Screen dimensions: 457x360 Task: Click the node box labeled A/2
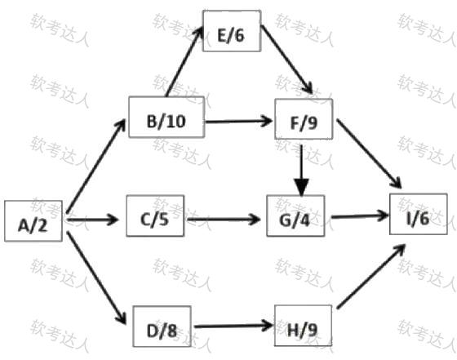pyautogui.click(x=33, y=221)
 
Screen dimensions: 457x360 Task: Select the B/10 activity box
pyautogui.click(x=166, y=117)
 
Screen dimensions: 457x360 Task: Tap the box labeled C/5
pyautogui.click(x=155, y=216)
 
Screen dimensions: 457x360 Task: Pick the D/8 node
pyautogui.click(x=162, y=327)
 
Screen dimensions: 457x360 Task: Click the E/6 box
pyautogui.click(x=232, y=31)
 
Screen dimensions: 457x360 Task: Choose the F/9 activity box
pyautogui.click(x=304, y=119)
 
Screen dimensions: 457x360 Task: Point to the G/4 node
pyautogui.click(x=295, y=216)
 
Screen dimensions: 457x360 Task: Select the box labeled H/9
pyautogui.click(x=303, y=326)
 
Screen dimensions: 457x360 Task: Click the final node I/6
pyautogui.click(x=419, y=214)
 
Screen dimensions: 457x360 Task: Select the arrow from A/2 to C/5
pyautogui.click(x=92, y=220)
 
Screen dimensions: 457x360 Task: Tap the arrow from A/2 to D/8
pyautogui.click(x=96, y=278)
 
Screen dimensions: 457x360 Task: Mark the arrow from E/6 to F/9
pyautogui.click(x=286, y=60)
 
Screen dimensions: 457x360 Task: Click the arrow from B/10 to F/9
pyautogui.click(x=238, y=121)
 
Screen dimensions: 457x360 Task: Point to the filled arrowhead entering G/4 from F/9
pyautogui.click(x=302, y=188)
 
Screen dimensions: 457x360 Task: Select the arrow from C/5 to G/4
pyautogui.click(x=224, y=220)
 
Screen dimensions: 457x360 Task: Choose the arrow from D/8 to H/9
pyautogui.click(x=233, y=326)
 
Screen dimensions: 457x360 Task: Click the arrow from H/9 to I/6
pyautogui.click(x=371, y=277)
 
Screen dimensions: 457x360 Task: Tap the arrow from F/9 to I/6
pyautogui.click(x=370, y=153)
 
